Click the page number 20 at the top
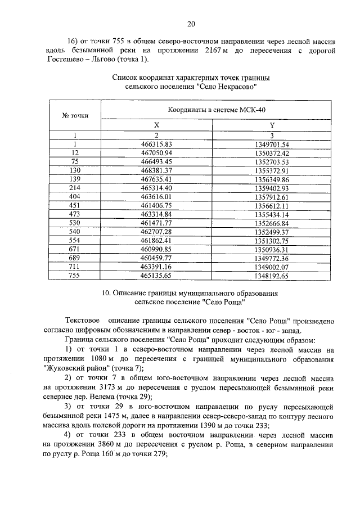(191, 23)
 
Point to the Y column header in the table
(272, 125)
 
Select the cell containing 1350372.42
(272, 152)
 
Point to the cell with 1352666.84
(272, 223)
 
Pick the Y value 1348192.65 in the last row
(272, 276)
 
